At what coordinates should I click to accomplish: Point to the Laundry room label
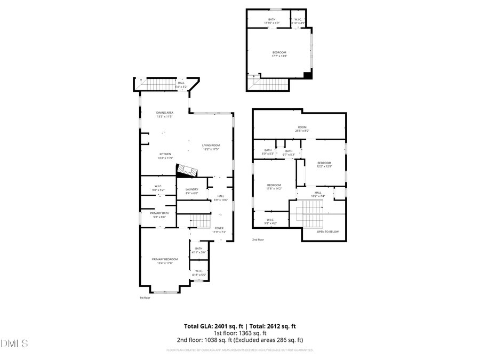pyautogui.click(x=192, y=191)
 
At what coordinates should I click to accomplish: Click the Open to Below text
pyautogui.click(x=327, y=232)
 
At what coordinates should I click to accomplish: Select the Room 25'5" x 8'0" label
pyautogui.click(x=302, y=129)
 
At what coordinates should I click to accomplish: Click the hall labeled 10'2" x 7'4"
pyautogui.click(x=318, y=194)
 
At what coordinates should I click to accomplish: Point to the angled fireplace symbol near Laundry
pyautogui.click(x=187, y=170)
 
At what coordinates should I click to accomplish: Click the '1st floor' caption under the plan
pyautogui.click(x=145, y=298)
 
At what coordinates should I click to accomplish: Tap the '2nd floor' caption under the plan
pyautogui.click(x=258, y=240)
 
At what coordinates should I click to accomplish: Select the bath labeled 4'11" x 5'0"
pyautogui.click(x=198, y=250)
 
